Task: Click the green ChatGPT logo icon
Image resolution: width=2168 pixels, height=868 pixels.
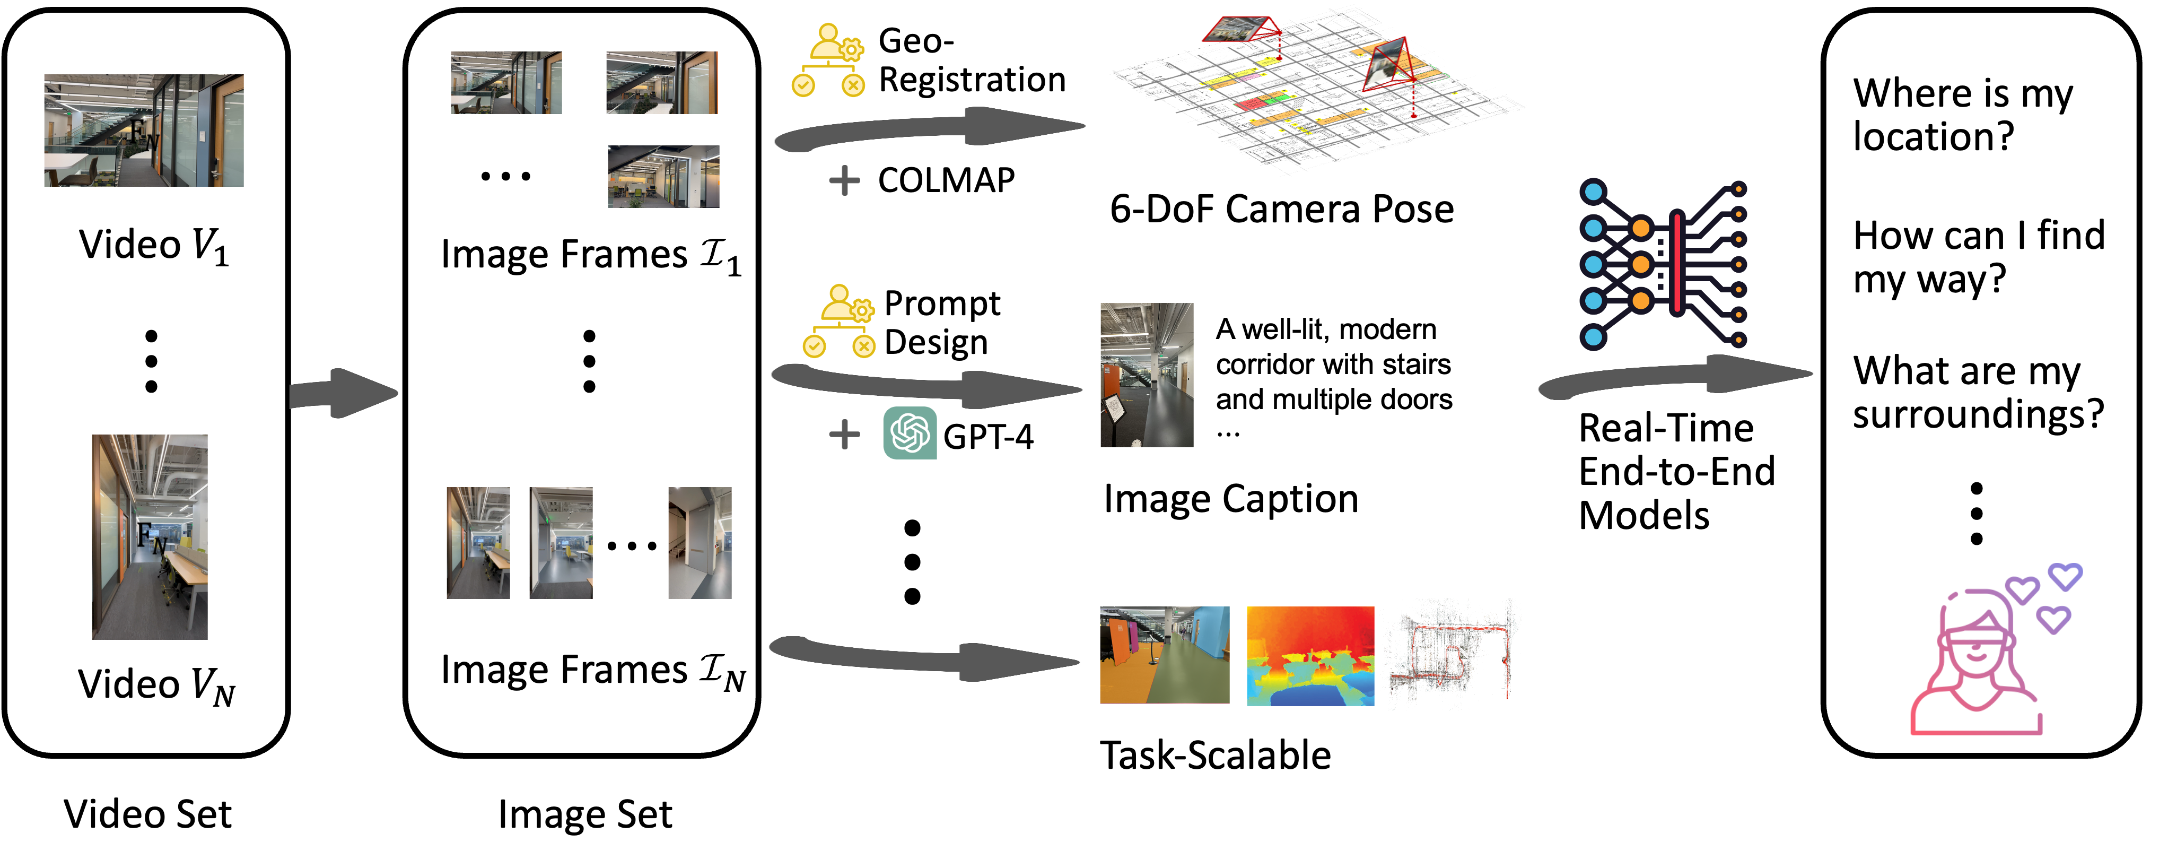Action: coord(910,433)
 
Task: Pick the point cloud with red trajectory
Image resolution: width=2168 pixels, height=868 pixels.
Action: coord(1453,653)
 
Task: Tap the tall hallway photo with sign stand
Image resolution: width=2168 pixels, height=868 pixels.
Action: coord(1146,375)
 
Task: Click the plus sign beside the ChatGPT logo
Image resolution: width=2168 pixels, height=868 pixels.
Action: coord(844,435)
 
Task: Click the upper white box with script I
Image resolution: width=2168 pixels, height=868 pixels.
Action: coord(710,251)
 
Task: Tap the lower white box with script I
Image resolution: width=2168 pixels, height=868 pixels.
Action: coord(710,667)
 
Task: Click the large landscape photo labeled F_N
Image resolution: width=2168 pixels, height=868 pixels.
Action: coord(144,131)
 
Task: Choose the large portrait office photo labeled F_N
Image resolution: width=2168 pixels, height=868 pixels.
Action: coord(150,536)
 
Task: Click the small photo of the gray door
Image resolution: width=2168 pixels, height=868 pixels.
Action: coord(700,542)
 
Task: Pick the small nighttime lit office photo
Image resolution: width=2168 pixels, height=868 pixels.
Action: coord(663,176)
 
